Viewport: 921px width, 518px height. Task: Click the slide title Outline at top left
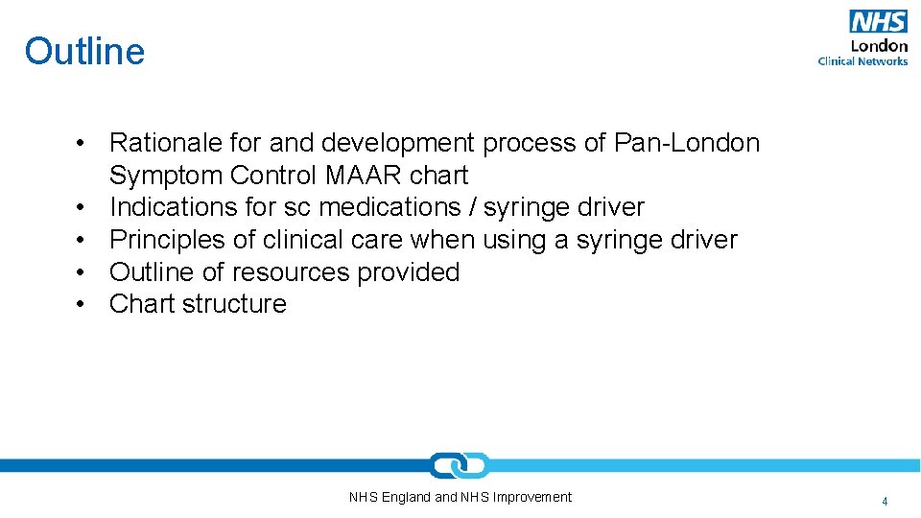click(x=84, y=51)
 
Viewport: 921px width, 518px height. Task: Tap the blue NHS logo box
click(x=878, y=21)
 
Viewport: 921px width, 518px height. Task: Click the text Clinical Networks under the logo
click(x=862, y=61)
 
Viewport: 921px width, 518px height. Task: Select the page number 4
click(x=885, y=501)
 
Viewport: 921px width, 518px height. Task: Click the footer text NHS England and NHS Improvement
click(x=460, y=497)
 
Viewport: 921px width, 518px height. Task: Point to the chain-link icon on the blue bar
click(x=460, y=465)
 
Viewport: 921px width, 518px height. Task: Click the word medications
click(x=390, y=207)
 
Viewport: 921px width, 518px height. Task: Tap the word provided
click(x=409, y=272)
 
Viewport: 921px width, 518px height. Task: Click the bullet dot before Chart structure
click(x=85, y=304)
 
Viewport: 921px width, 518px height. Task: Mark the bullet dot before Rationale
click(x=85, y=143)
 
